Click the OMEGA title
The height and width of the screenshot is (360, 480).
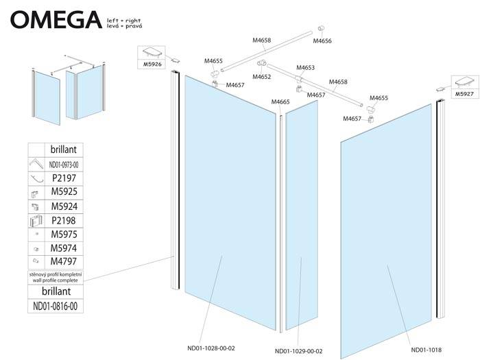click(x=52, y=19)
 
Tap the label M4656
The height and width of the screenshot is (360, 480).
click(x=322, y=41)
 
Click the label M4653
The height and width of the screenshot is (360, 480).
click(x=306, y=68)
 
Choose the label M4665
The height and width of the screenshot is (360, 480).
click(x=280, y=102)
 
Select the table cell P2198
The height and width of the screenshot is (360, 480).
click(x=63, y=220)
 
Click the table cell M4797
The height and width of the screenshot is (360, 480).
click(x=63, y=262)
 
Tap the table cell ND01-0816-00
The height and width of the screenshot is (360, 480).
click(x=56, y=306)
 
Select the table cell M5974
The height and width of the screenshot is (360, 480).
click(x=63, y=248)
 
